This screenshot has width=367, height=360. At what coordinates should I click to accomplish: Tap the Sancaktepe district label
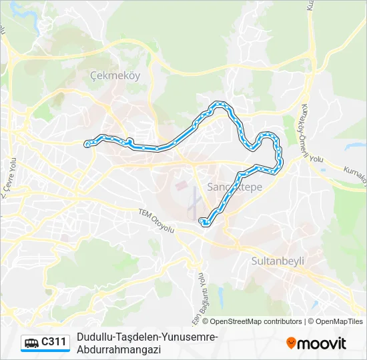point(234,187)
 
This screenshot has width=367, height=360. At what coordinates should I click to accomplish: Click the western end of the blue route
point(87,143)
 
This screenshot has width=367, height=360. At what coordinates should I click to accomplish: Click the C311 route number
point(54,343)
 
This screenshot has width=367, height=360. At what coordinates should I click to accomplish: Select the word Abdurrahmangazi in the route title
point(119,349)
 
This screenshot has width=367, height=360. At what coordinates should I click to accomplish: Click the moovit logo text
point(322,343)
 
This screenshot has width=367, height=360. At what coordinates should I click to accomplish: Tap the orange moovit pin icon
point(291,343)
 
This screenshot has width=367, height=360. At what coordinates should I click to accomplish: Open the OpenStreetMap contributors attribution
point(256,321)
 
